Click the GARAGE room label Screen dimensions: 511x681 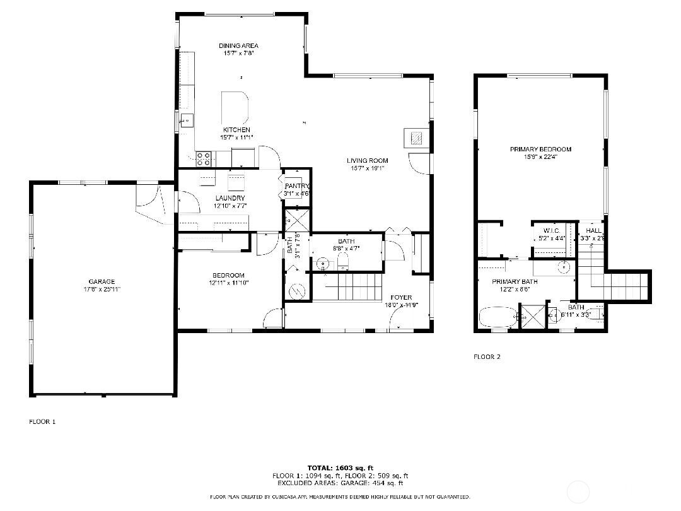(x=102, y=281)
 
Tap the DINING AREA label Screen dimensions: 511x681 (x=238, y=45)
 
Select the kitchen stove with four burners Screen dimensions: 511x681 (x=204, y=158)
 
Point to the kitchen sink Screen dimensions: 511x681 (x=186, y=120)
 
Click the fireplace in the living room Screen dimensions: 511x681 (x=416, y=138)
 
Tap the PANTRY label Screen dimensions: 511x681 (x=296, y=186)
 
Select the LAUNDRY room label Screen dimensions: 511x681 (x=230, y=198)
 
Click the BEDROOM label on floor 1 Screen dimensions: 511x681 (x=228, y=275)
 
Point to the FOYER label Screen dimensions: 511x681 (x=401, y=297)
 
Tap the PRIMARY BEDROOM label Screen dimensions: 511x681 (x=540, y=149)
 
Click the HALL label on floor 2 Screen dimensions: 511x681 (x=593, y=231)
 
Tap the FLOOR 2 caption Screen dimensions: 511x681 (x=487, y=356)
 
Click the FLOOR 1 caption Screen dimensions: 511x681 (x=42, y=421)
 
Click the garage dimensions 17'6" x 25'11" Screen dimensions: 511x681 (x=102, y=289)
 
